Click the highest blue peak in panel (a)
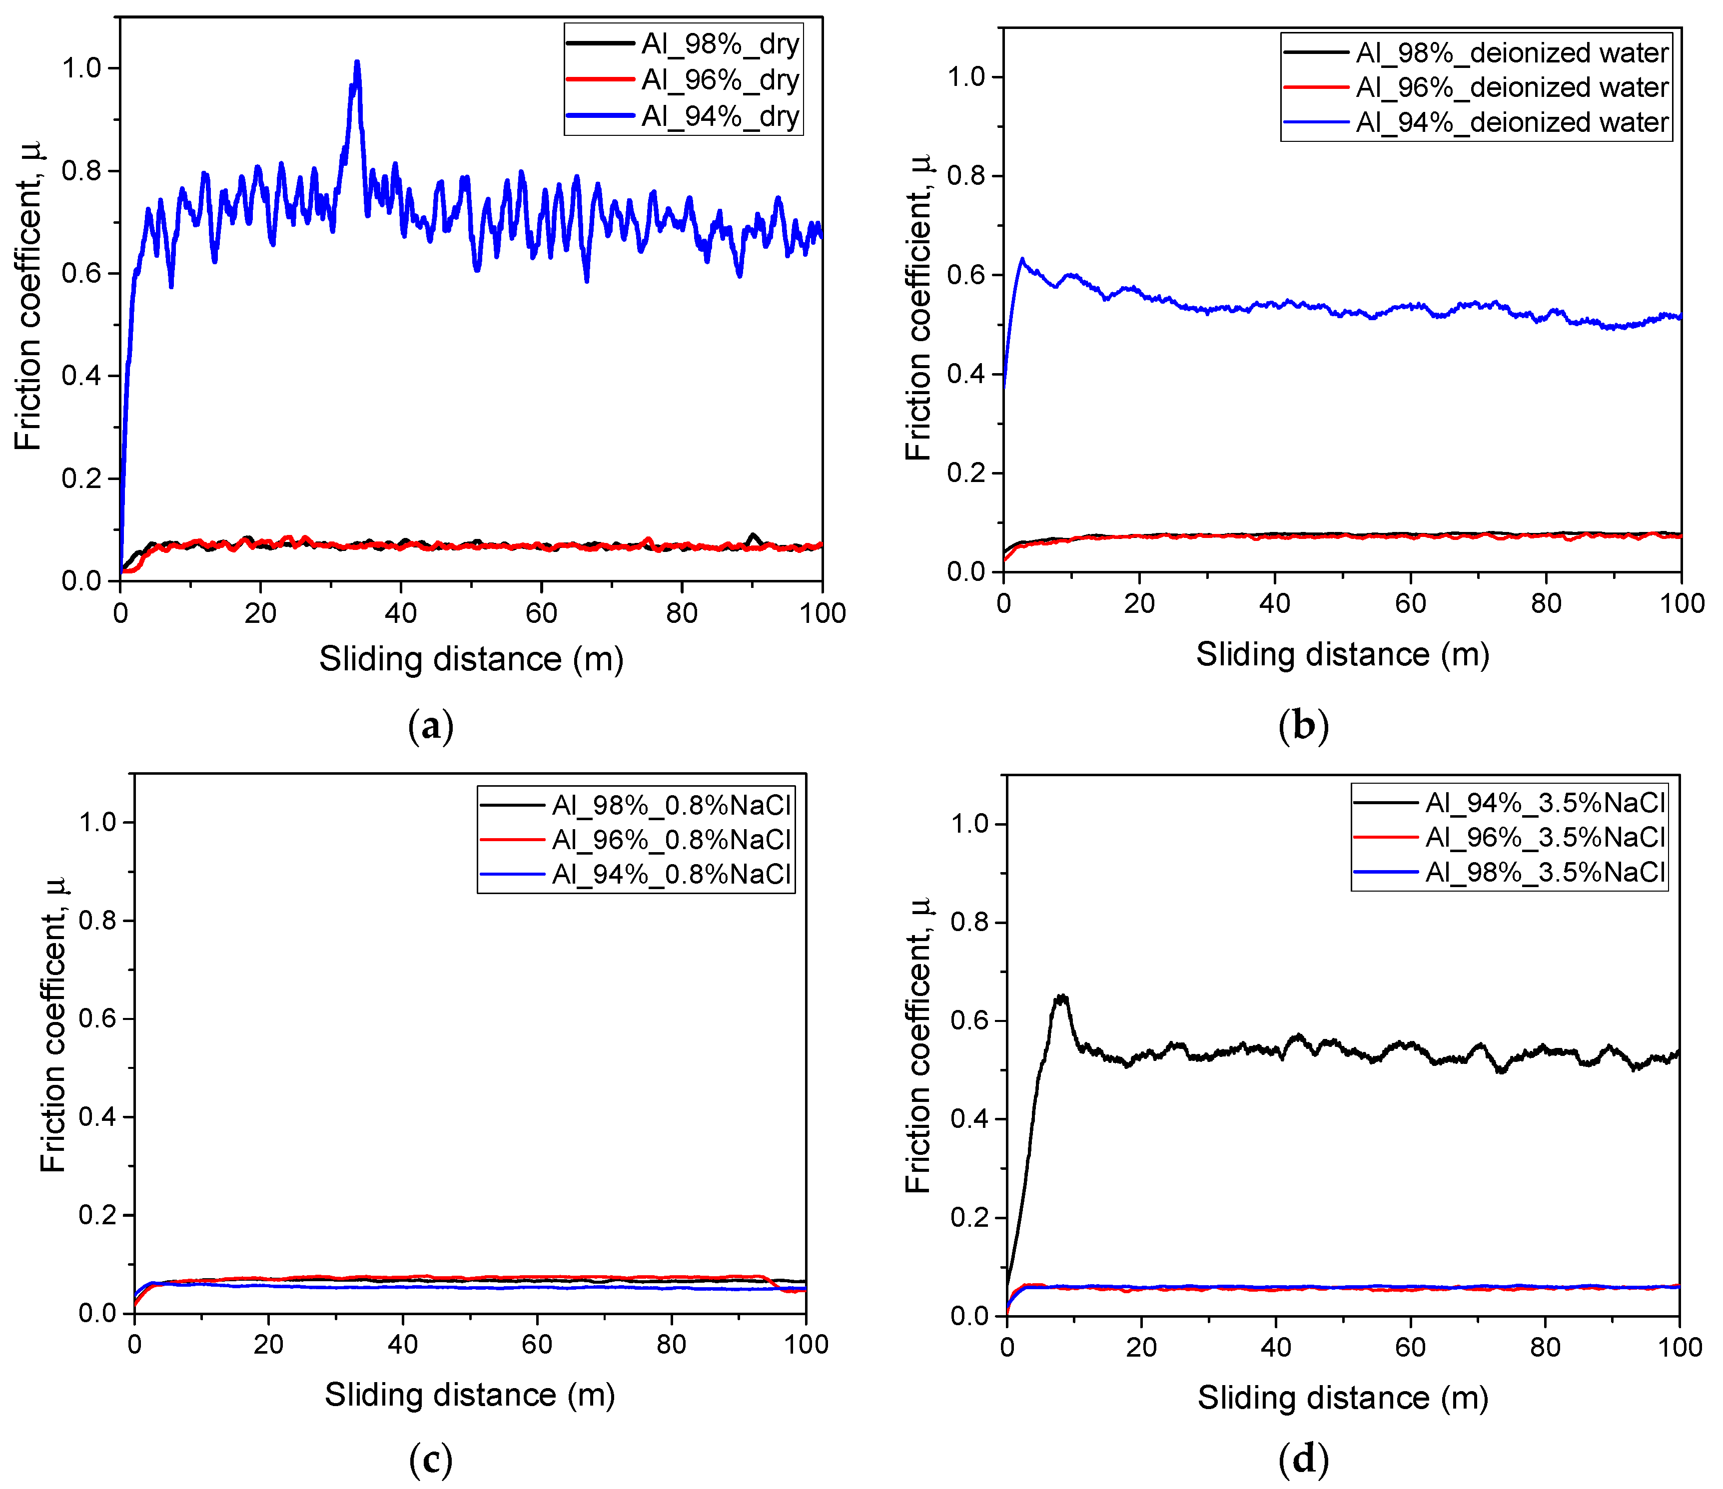tap(357, 62)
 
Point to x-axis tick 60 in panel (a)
tap(541, 613)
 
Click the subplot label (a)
tap(431, 726)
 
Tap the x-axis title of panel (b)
tap(1342, 654)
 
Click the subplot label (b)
tap(1303, 726)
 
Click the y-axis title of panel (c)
tap(53, 1024)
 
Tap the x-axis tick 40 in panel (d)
tap(1276, 1347)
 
